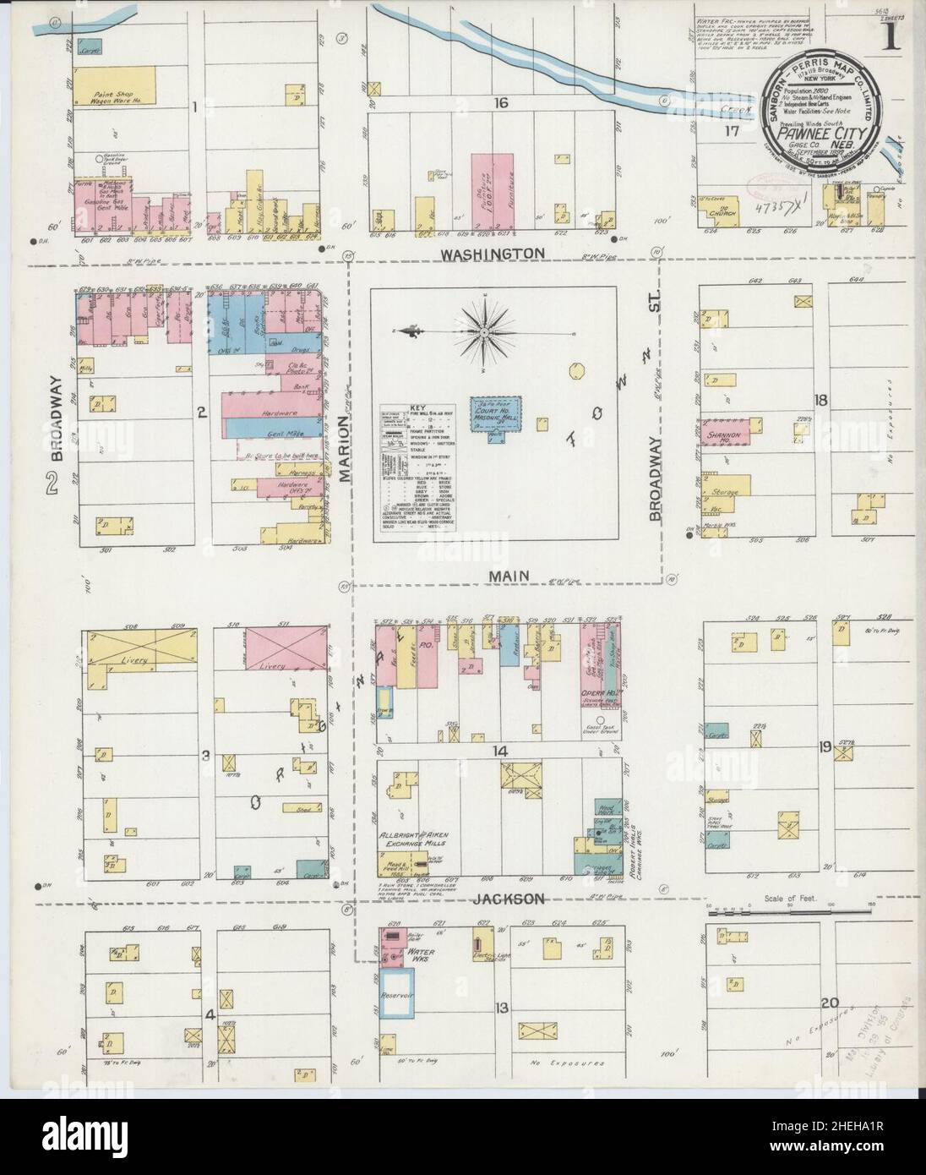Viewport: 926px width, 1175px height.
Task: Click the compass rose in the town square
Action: (487, 332)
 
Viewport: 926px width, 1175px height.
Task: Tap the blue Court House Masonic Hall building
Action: (496, 413)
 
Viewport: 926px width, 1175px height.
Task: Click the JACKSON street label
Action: (499, 899)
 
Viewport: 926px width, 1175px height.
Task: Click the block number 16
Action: (502, 103)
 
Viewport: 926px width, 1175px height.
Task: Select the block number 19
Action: (825, 746)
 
